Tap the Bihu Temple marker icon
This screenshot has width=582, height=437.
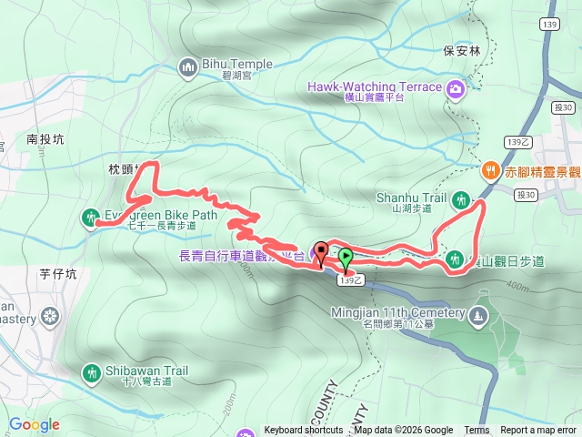pyautogui.click(x=188, y=66)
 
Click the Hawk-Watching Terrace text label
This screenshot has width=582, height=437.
pyautogui.click(x=373, y=86)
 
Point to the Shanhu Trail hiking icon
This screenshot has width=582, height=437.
pyautogui.click(x=461, y=198)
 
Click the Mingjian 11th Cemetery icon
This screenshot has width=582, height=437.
pyautogui.click(x=479, y=316)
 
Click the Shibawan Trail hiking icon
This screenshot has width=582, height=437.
pyautogui.click(x=92, y=371)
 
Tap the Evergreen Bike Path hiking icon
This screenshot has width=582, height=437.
pyautogui.click(x=90, y=217)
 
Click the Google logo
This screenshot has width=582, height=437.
pyautogui.click(x=34, y=424)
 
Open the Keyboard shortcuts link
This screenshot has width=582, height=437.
pyautogui.click(x=304, y=431)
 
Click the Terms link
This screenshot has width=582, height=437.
pyautogui.click(x=477, y=431)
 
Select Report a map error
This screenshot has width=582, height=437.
pyautogui.click(x=538, y=431)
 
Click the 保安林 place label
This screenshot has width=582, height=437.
pyautogui.click(x=461, y=51)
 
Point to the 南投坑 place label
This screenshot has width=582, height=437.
pyautogui.click(x=45, y=139)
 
